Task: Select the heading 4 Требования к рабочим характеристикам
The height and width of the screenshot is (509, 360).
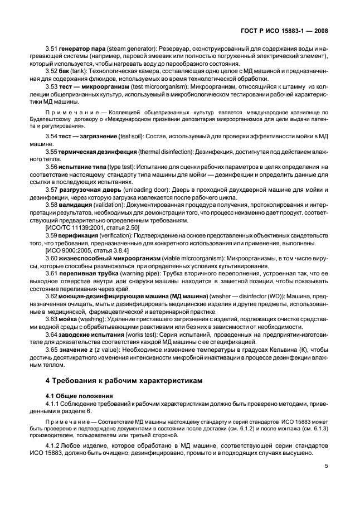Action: point(123,380)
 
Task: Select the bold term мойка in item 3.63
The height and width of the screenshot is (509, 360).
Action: point(69,319)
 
